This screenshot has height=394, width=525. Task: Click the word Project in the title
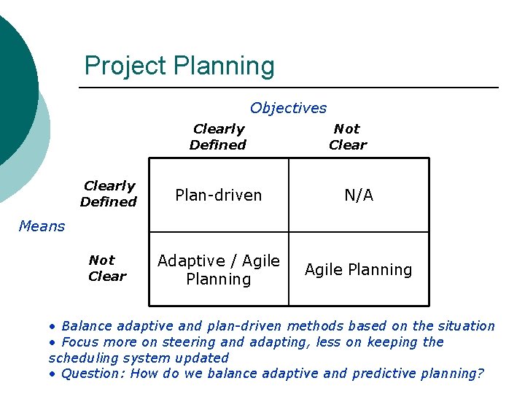[x=125, y=66]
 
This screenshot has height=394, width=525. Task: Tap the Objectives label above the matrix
[x=288, y=108]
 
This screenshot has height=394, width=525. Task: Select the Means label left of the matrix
[x=42, y=226]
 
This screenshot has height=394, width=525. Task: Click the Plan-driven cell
[x=219, y=195]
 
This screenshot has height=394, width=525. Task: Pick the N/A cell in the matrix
[x=359, y=195]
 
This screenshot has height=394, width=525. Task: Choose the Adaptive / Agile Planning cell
[x=219, y=269]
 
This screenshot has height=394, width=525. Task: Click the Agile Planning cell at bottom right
[x=359, y=269]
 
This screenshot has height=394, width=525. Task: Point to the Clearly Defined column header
[x=218, y=136]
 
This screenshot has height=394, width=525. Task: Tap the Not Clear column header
[x=347, y=136]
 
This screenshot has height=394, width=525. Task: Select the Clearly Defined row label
[x=109, y=193]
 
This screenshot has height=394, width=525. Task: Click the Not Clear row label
[x=106, y=268]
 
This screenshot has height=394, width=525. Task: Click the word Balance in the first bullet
[x=87, y=326]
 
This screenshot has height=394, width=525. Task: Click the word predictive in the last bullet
[x=384, y=374]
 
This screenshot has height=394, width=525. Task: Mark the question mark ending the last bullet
[x=480, y=374]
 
